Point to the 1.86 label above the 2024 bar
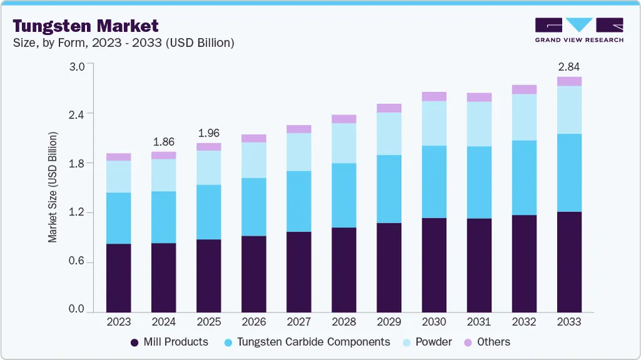163,142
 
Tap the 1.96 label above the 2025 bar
208,133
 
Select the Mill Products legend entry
169,342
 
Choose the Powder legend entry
427,342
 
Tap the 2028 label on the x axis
344,322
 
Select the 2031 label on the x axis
479,322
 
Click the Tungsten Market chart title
86,26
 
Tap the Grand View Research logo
579,29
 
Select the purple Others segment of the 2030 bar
434,96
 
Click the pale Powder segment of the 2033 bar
569,110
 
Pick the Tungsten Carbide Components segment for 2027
299,201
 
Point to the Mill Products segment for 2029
389,267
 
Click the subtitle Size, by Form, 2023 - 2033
123,43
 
